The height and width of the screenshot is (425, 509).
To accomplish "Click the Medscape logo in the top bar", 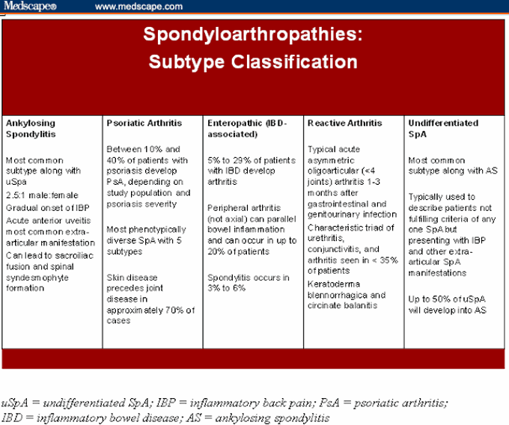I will [x=29, y=7].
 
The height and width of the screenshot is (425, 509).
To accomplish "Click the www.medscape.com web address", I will [x=139, y=7].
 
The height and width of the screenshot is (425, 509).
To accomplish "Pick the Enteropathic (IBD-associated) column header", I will [x=245, y=129].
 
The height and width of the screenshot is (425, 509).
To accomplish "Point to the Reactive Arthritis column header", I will [x=344, y=123].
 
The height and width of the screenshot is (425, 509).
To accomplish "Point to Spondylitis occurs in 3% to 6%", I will [x=248, y=283].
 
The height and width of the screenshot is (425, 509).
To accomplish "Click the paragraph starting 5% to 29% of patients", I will [x=251, y=171].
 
